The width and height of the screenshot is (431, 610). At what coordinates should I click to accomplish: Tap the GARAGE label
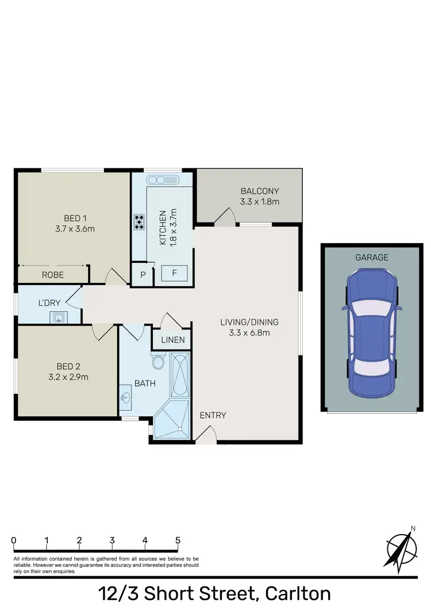click(x=371, y=258)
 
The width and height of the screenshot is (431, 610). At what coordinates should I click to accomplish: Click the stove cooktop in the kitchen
click(x=139, y=222)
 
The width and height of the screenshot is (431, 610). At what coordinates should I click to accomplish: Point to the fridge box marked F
click(x=175, y=273)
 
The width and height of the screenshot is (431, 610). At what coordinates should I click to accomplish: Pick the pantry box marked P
click(x=143, y=275)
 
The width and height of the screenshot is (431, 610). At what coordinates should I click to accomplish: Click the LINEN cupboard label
click(x=173, y=340)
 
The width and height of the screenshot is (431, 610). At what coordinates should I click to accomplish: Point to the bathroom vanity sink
click(x=126, y=397)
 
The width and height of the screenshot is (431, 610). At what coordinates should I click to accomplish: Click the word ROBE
click(x=53, y=275)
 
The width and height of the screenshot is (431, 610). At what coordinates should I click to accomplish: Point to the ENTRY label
click(x=213, y=416)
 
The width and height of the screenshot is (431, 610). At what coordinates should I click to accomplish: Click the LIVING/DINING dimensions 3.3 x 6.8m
click(x=245, y=332)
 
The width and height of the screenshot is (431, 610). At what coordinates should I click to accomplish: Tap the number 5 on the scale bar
click(x=178, y=540)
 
